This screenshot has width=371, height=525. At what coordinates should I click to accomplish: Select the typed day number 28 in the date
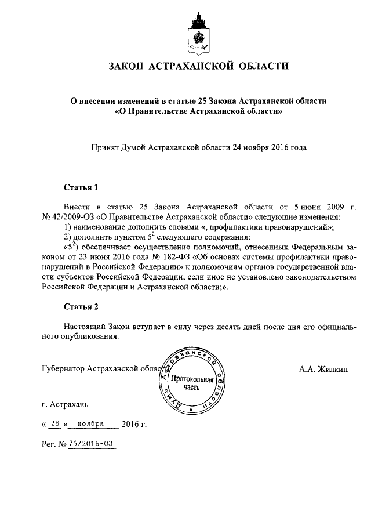55,423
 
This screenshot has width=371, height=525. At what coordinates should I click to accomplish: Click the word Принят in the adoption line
105,147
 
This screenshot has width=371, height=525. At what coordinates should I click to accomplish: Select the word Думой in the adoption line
134,147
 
